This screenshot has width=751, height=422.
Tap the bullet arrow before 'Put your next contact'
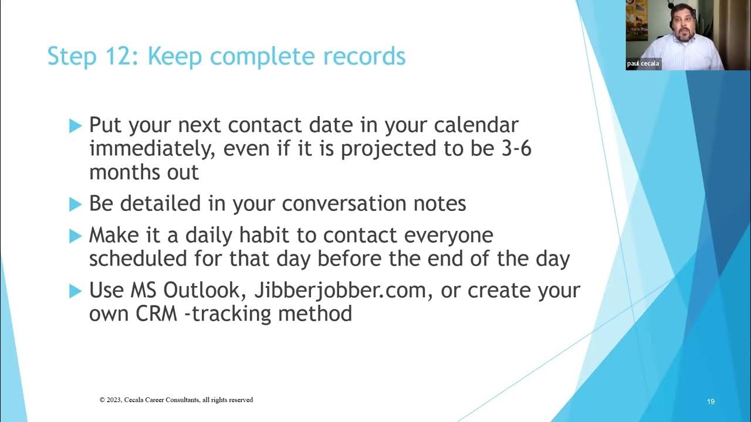(75, 125)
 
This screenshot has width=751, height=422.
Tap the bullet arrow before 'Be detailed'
(75, 204)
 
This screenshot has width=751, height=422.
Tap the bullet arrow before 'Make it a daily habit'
(75, 236)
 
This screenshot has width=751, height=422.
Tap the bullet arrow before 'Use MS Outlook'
(75, 290)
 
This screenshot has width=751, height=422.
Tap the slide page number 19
(711, 401)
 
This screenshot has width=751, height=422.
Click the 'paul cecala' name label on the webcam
(643, 64)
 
